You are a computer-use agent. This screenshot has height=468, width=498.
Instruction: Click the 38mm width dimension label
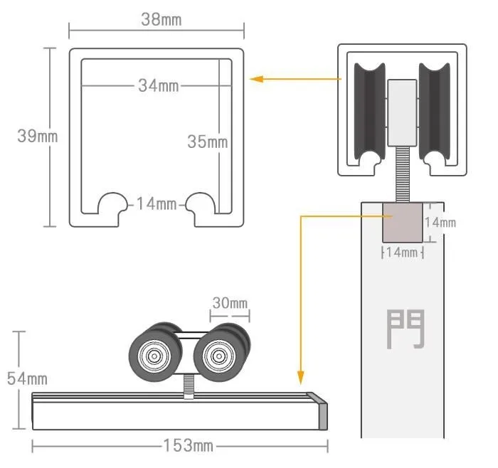[161, 20]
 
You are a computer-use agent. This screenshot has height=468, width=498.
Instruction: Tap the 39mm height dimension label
[38, 137]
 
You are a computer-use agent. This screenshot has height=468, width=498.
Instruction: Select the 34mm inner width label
[158, 86]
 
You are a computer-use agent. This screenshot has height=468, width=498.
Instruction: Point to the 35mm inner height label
[208, 142]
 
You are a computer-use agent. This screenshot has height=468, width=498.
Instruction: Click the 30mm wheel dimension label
[230, 303]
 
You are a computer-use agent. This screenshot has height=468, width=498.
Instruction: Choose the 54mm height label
[27, 379]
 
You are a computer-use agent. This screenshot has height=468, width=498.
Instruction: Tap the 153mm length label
[188, 445]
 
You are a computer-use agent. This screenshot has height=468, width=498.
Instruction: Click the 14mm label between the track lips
[157, 203]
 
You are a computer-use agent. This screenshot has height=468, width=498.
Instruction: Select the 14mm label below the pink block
[402, 252]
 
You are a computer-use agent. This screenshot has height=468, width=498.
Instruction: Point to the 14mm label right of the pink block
[440, 222]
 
